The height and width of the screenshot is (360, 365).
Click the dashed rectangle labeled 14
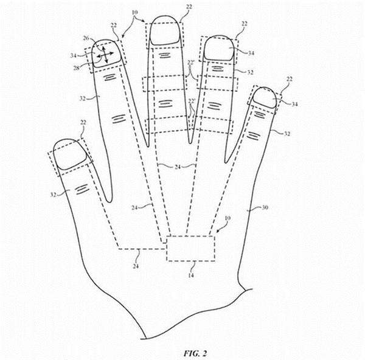(190, 248)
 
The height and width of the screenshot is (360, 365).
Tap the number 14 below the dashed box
(191, 275)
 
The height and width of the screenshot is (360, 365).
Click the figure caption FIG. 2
(195, 353)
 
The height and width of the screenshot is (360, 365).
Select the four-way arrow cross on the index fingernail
(105, 55)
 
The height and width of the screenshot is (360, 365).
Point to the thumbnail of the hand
(70, 154)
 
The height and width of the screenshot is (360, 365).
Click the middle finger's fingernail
(165, 30)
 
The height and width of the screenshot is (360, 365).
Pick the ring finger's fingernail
(219, 49)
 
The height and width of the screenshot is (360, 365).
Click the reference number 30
(265, 207)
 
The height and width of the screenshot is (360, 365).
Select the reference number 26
(86, 38)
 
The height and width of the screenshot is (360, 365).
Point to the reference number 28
(77, 68)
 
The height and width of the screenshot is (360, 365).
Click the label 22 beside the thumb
(83, 123)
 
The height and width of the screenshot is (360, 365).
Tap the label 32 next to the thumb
(54, 195)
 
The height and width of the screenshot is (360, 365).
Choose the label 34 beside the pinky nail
(294, 104)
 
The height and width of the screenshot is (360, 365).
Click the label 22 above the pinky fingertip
(289, 79)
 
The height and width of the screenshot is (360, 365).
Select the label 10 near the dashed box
(228, 218)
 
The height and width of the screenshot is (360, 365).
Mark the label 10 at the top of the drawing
(134, 12)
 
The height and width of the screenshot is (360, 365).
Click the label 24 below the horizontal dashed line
(136, 266)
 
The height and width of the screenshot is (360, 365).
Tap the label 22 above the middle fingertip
(189, 7)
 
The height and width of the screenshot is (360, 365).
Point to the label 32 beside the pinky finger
(287, 134)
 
